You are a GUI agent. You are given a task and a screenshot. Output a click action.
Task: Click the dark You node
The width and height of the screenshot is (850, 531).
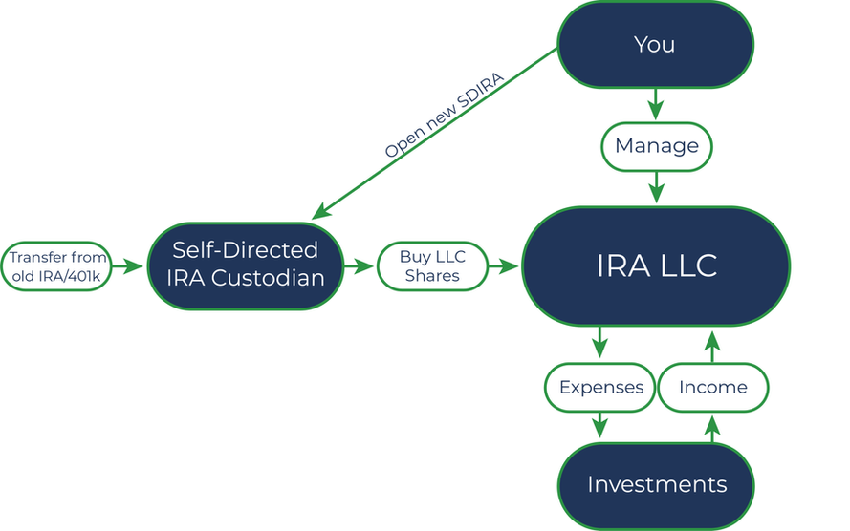pos(655,44)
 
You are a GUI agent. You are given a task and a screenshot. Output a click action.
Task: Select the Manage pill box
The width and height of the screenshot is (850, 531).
pos(657,147)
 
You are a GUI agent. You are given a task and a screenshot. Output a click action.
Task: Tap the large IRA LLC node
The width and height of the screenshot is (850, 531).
pos(656,266)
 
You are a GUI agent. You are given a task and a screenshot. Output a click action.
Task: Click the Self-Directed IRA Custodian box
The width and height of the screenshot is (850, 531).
pos(246,266)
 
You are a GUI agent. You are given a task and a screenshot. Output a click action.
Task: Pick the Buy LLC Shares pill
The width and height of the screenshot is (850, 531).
pos(432,266)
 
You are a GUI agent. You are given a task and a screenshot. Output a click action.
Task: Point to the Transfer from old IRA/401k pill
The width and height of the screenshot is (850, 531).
pos(56,266)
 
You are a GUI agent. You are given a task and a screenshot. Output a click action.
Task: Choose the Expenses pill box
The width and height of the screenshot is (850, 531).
pos(600,388)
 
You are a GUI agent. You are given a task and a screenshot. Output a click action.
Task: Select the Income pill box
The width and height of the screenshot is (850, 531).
pos(713,388)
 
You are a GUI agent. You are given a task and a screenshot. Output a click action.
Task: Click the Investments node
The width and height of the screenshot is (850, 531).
pos(656,485)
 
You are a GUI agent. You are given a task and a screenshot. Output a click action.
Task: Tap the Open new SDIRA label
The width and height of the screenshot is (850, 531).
pos(445,115)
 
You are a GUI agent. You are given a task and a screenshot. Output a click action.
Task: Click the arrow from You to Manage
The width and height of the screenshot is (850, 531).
pos(656,104)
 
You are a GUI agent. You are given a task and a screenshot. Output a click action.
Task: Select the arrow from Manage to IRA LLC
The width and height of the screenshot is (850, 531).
pos(657,188)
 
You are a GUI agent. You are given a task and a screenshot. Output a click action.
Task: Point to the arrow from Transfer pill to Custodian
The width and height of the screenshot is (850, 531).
pos(127,266)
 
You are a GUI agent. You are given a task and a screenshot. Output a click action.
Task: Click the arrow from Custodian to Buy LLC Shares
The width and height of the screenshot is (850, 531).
pos(360,266)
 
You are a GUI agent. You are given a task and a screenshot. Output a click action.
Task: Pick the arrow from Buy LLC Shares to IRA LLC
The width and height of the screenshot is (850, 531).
pos(504,266)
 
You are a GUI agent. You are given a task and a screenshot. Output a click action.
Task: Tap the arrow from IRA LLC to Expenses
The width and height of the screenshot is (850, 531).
pos(599,343)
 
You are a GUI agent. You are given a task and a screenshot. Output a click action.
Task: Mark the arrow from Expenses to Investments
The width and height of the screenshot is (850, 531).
pos(599,425)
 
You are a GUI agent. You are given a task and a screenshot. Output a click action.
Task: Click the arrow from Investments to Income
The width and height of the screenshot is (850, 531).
pos(713,429)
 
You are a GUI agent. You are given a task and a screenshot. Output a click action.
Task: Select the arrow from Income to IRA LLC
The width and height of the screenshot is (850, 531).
pos(713,347)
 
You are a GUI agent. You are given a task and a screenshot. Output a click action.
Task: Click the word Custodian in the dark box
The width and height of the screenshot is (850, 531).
pos(268,278)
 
